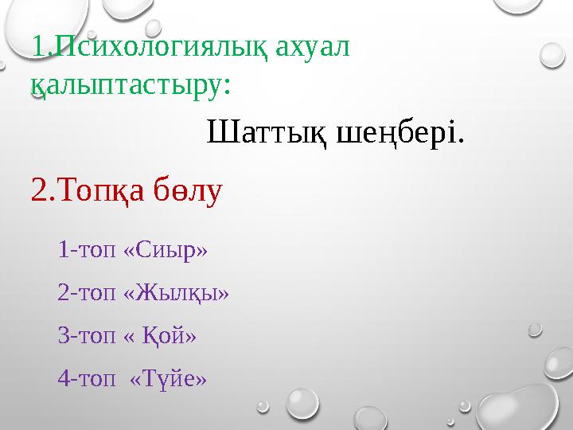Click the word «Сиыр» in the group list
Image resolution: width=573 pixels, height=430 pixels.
tap(167, 251)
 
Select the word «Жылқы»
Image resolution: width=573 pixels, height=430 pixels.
tap(177, 294)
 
